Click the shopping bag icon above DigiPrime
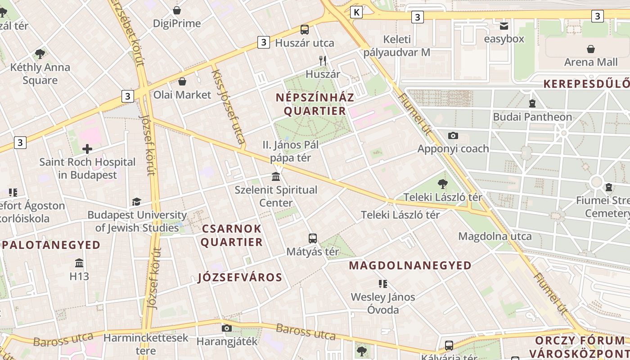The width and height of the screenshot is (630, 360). [x=177, y=10]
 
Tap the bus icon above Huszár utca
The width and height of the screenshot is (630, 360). [x=305, y=30]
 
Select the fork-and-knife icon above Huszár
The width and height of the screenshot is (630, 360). [x=322, y=61]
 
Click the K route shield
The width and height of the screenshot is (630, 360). [x=356, y=12]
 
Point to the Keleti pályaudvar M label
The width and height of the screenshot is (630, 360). [x=397, y=46]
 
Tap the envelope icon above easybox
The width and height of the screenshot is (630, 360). [x=504, y=26]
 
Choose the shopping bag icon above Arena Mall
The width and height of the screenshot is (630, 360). [x=590, y=49]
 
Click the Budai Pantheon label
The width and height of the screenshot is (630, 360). [x=532, y=117]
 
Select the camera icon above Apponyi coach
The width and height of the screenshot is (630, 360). [x=453, y=135]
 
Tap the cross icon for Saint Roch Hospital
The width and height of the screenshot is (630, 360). [x=87, y=149]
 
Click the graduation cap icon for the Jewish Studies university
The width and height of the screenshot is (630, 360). [x=136, y=202]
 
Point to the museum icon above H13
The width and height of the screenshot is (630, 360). [x=79, y=263]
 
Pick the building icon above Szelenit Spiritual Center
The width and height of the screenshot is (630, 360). [x=276, y=176]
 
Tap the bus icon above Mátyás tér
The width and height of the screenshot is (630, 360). [x=313, y=238]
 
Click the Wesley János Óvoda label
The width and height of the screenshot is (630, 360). [x=383, y=303]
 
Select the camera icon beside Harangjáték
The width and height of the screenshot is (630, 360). [x=227, y=328]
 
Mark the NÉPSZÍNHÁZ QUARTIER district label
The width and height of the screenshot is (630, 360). [x=315, y=104]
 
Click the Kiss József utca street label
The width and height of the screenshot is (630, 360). [x=228, y=107]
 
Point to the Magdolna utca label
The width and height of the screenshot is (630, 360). [x=495, y=236]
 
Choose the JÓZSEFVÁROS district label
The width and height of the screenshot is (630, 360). [x=240, y=277]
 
